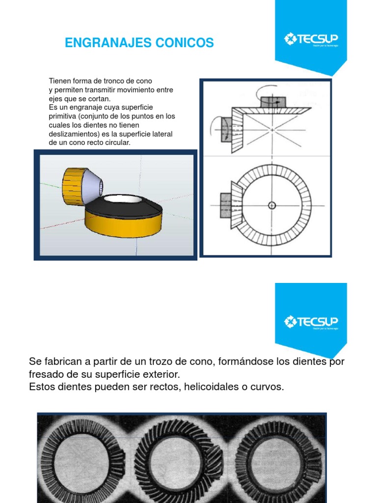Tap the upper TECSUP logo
point(311,39)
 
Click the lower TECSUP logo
point(311,322)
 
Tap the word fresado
point(47,374)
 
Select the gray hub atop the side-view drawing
point(273,102)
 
